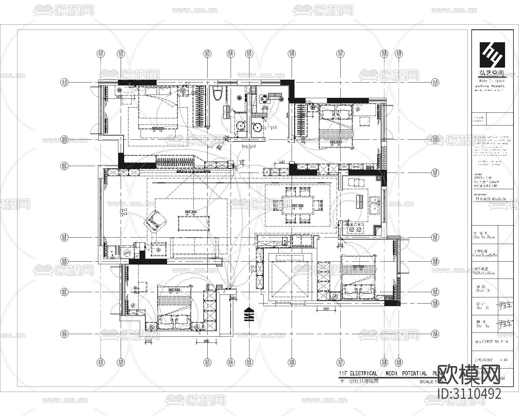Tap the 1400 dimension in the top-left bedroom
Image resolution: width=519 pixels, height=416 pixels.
click(x=119, y=97)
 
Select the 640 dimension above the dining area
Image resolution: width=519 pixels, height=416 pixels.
click(x=282, y=162)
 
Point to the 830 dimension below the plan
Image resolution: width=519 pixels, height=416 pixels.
click(x=326, y=309)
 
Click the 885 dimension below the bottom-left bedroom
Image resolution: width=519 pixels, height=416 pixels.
click(x=207, y=341)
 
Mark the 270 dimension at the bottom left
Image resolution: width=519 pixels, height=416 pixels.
click(x=149, y=341)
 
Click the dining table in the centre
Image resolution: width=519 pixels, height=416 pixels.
click(x=298, y=205)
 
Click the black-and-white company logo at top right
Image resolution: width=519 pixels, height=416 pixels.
click(x=492, y=55)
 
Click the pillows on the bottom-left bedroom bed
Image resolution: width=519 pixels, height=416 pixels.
click(x=174, y=320)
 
